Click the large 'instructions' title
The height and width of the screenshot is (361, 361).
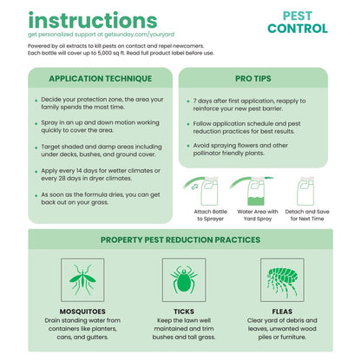(x=93, y=20)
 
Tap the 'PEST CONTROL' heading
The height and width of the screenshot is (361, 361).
(x=298, y=23)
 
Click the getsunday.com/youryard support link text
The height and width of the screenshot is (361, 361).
(x=139, y=35)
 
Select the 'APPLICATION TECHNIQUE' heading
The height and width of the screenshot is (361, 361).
(x=101, y=78)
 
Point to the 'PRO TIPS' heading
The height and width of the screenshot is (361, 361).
(x=253, y=78)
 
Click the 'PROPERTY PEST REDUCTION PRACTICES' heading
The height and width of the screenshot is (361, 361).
(x=180, y=240)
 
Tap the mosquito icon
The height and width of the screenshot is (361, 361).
(x=82, y=279)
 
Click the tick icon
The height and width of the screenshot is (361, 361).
(x=184, y=279)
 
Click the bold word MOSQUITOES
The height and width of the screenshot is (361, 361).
(x=82, y=312)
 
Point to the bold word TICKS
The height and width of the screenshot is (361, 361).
(x=184, y=312)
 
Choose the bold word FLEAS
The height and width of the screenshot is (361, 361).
(x=282, y=312)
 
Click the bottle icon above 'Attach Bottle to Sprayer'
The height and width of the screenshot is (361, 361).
(x=209, y=191)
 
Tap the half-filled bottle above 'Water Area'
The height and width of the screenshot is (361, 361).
(x=256, y=191)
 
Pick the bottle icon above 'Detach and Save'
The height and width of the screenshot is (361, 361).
(x=305, y=191)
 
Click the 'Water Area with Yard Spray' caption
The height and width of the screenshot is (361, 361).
(x=258, y=215)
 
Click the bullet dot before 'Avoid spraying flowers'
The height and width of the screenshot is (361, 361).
(x=188, y=146)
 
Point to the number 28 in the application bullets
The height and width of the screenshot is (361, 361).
(x=62, y=178)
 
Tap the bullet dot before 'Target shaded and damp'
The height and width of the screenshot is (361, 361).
(x=36, y=148)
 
